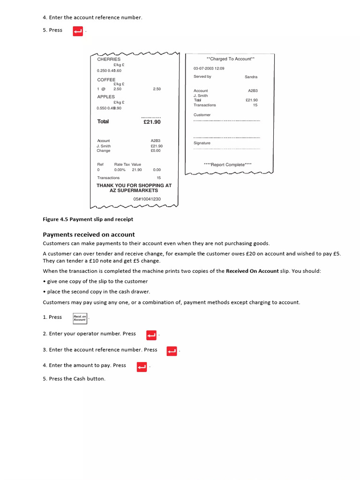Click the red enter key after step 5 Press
(x=78, y=31)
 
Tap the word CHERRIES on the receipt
(x=109, y=60)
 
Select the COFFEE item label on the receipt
(x=106, y=80)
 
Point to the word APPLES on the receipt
(x=106, y=97)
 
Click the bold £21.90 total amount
(x=152, y=122)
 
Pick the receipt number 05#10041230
(x=147, y=199)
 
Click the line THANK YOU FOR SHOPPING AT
(x=134, y=186)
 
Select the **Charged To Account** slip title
(x=230, y=59)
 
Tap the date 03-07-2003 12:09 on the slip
(x=209, y=68)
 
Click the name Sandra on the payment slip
(x=251, y=77)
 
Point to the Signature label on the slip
(x=202, y=143)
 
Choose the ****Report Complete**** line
(x=227, y=165)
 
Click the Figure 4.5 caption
(x=88, y=219)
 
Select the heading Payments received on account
(x=89, y=235)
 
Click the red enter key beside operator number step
(x=151, y=335)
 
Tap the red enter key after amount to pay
(x=142, y=367)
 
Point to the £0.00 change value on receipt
(x=155, y=151)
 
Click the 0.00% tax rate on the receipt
(x=120, y=170)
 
